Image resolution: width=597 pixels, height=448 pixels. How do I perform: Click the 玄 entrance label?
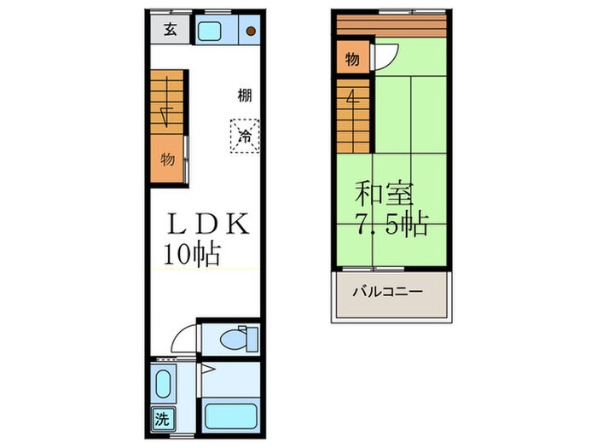click(170, 31)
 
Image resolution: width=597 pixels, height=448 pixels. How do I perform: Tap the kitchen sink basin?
click(209, 32)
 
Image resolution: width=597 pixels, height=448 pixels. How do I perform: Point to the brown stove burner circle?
click(251, 32)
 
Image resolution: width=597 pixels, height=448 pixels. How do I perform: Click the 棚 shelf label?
click(245, 96)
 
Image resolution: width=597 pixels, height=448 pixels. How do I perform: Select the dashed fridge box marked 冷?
click(245, 135)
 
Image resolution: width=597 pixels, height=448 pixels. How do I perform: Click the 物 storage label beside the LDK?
click(168, 160)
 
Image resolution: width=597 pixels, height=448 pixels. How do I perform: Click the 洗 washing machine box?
click(161, 419)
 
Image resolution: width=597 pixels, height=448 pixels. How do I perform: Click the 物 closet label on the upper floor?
click(351, 60)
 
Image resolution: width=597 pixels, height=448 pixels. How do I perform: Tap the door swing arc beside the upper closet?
click(383, 55)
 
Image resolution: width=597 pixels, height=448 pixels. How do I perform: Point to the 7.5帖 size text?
click(391, 226)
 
